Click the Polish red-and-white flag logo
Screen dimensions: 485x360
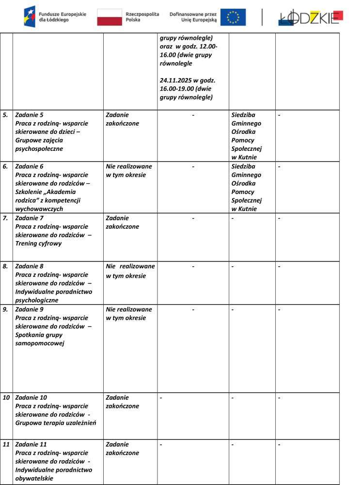(109, 17)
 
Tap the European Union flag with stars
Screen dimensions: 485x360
(233, 17)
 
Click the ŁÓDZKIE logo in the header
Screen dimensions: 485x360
(311, 17)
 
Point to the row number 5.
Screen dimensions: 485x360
(6, 115)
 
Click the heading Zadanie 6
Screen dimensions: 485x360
(29, 166)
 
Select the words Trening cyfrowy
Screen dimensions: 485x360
(39, 243)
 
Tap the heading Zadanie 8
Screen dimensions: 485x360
(29, 266)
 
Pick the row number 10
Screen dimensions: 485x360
(6, 398)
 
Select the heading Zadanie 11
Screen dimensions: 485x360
(31, 444)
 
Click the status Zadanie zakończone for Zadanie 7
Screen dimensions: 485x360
(122, 222)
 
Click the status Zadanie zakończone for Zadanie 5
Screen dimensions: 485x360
(122, 119)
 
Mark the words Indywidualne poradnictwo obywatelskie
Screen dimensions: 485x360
(54, 474)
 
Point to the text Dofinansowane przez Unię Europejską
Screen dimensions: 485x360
(193, 17)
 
